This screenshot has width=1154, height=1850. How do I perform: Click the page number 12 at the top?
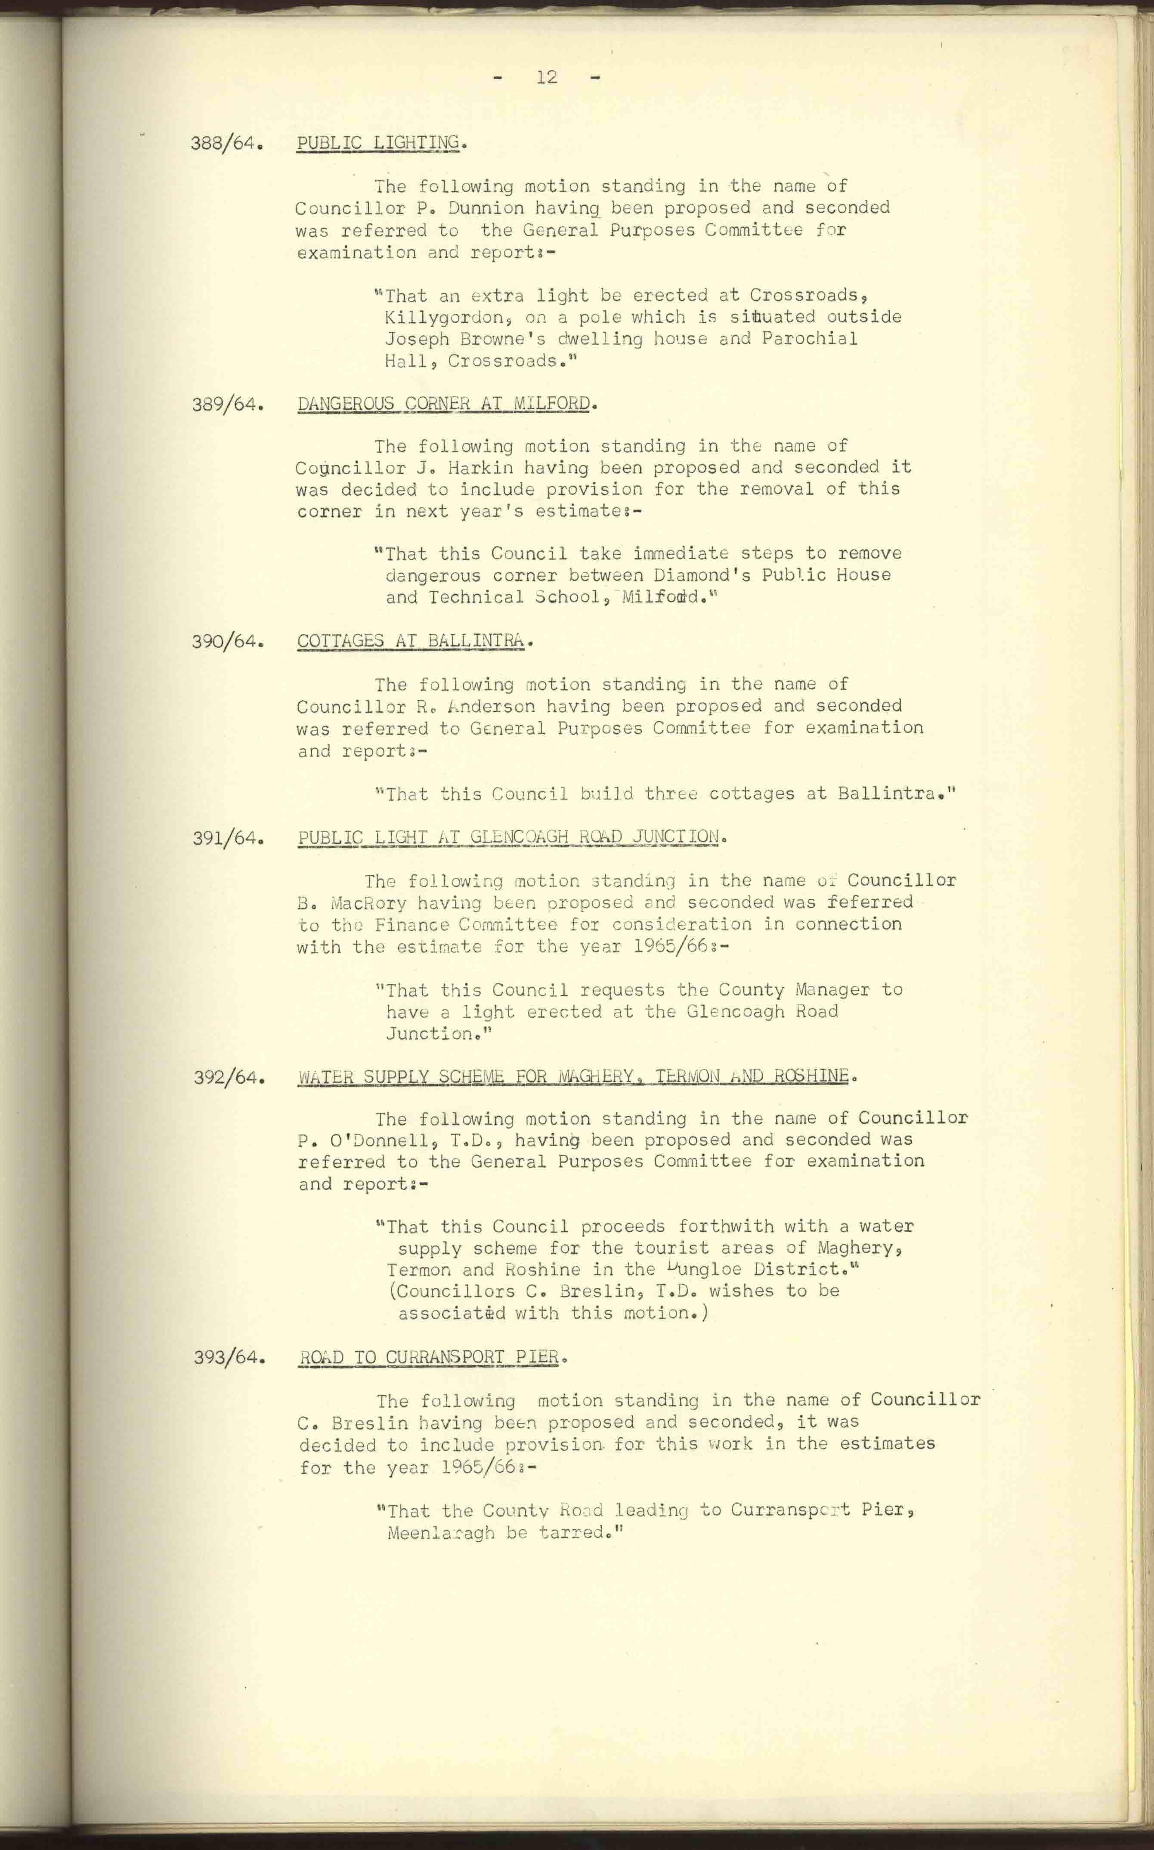[x=547, y=77]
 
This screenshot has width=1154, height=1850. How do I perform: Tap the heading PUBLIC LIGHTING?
[x=378, y=143]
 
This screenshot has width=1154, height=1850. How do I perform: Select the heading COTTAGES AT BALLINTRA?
[x=411, y=641]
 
